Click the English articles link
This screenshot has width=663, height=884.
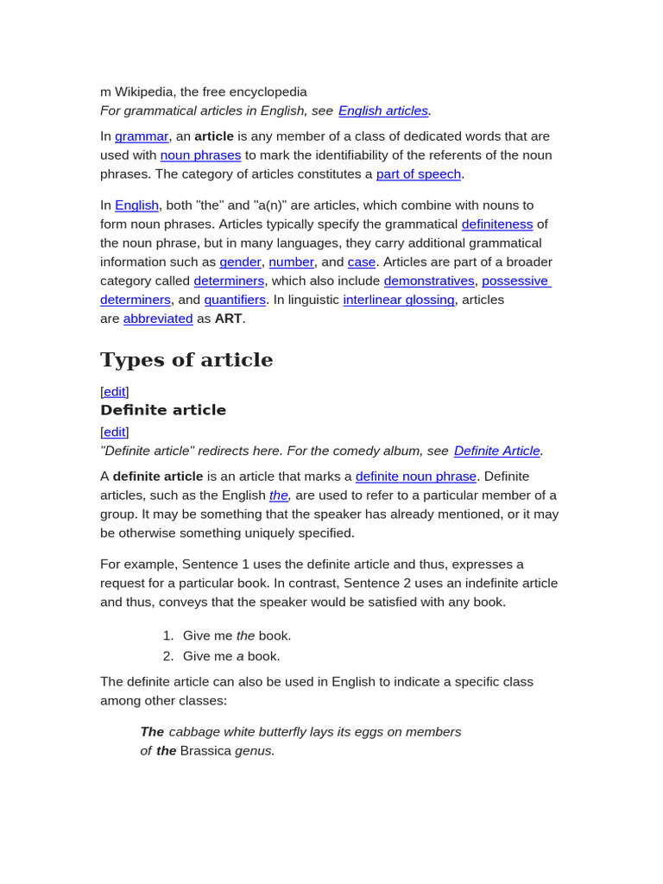[383, 110]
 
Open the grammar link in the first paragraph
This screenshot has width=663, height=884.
[142, 136]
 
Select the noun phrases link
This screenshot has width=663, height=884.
[200, 155]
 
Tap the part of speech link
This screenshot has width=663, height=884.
[419, 174]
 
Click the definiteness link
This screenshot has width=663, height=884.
[497, 224]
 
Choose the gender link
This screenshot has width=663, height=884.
[240, 262]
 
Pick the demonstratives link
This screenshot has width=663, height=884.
[429, 281]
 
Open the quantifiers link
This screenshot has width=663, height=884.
[235, 300]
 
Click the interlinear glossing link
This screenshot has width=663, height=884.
[399, 300]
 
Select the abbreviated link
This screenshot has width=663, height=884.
[158, 319]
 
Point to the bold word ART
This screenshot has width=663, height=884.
[228, 319]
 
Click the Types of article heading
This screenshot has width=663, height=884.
[186, 360]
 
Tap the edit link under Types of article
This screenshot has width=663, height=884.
[115, 392]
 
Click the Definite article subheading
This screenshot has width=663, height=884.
[163, 410]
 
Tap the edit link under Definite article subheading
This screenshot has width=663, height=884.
[115, 432]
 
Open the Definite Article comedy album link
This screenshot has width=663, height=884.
[497, 451]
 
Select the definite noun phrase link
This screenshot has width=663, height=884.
[416, 477]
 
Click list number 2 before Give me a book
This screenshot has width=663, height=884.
[168, 656]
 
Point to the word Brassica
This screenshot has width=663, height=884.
[205, 751]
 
